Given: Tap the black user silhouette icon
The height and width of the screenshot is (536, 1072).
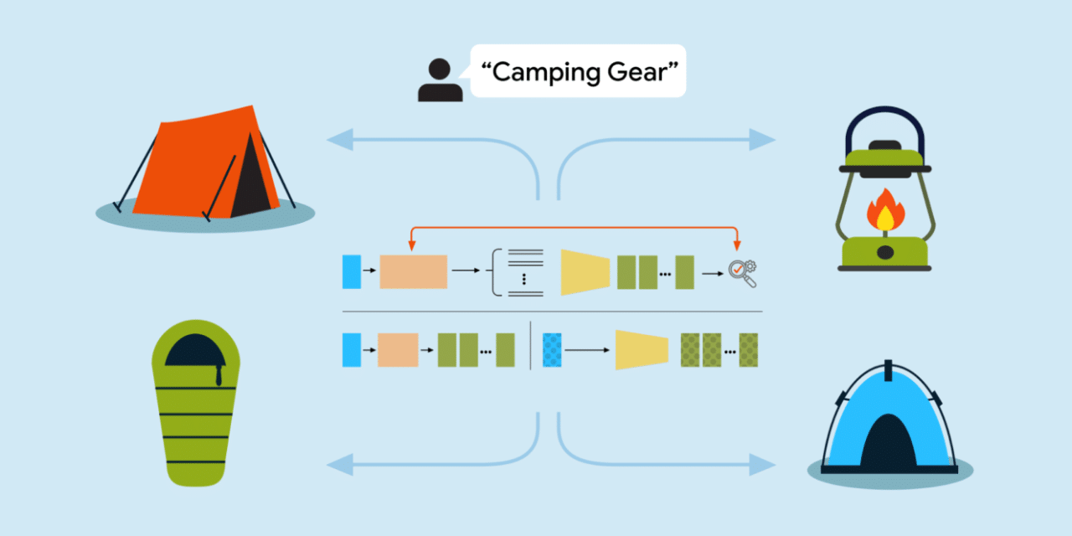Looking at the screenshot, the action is pos(440,80).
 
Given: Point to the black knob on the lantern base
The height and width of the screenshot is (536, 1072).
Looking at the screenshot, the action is pos(885,252).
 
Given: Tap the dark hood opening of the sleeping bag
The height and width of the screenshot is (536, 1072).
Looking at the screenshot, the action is pos(195,352).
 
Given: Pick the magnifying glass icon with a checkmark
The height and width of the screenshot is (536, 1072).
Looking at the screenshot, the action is pos(742,273).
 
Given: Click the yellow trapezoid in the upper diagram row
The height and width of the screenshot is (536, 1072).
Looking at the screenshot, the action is pos(585,272).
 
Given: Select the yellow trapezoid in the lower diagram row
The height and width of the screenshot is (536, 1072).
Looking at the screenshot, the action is pos(642,350).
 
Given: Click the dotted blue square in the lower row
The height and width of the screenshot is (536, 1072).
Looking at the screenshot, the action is pos(552,350).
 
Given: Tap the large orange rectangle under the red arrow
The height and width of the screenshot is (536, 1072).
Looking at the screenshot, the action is pos(414,272).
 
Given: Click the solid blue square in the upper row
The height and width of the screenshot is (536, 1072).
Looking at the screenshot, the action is pos(352,272).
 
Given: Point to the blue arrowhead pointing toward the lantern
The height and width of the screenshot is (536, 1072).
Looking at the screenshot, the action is pos(762,140).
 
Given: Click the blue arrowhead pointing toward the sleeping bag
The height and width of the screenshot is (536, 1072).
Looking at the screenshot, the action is pos(340,464).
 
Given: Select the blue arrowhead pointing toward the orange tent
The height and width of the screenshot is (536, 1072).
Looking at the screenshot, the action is pos(340,140).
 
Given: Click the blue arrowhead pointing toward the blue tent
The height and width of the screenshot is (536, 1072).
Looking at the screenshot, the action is pos(762,464).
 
